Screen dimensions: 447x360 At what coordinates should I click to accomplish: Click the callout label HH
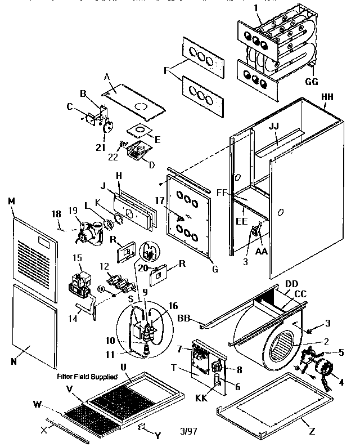(x=327, y=97)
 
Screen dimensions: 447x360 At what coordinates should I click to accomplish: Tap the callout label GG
(x=312, y=81)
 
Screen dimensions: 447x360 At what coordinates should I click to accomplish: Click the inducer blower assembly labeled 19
(x=88, y=232)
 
